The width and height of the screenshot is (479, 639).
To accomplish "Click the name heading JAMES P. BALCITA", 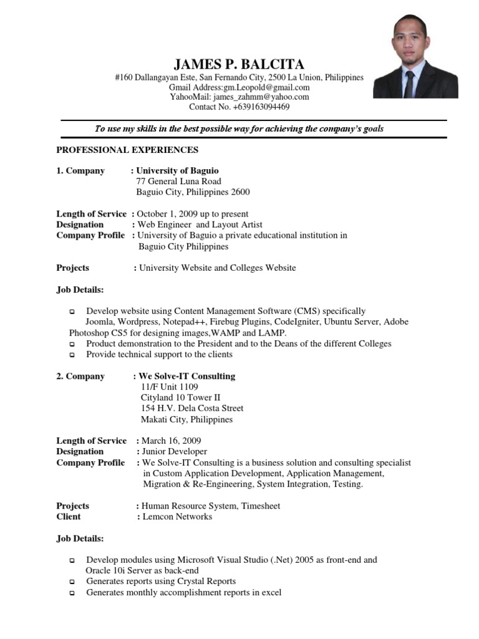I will pos(239,64).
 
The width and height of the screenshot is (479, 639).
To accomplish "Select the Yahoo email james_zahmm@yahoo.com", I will pos(261,97).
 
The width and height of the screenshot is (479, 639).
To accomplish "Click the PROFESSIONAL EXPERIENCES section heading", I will pos(127,150).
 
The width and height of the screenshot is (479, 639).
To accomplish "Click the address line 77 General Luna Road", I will pos(178,182).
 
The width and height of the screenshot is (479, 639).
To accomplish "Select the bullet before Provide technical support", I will pos(72,355).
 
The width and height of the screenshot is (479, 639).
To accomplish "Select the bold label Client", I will pos(69,517).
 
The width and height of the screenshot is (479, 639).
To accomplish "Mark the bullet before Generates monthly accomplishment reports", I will pos(72,593).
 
